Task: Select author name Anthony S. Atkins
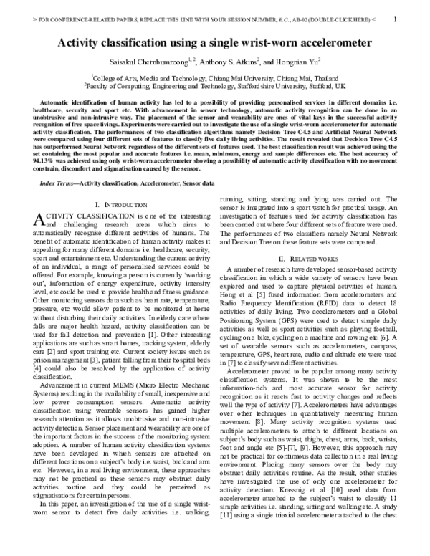point(228,61)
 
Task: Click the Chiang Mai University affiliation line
point(215,76)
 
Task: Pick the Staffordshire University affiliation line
point(215,85)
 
